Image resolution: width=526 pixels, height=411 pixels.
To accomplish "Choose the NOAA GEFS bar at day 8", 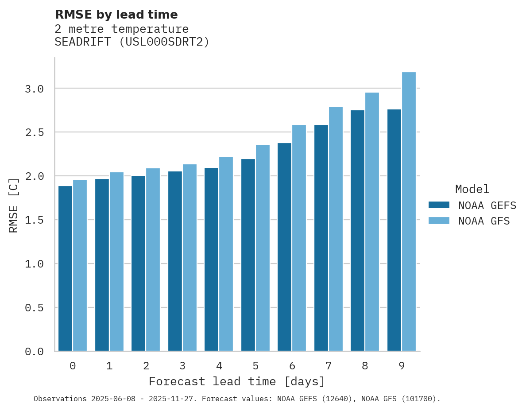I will [357, 231].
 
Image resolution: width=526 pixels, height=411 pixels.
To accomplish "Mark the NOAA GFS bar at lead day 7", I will [336, 229].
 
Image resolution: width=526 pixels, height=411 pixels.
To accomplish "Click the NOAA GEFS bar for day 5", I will [248, 255].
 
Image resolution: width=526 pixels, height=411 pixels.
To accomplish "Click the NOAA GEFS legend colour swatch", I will [439, 205].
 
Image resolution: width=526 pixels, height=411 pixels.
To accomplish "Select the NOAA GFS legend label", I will [484, 221].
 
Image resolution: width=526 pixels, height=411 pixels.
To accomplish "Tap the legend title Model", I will [472, 190].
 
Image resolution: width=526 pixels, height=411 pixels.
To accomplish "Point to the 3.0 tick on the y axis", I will [34, 89].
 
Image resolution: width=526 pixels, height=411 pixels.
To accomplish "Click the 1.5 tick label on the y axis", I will [34, 220].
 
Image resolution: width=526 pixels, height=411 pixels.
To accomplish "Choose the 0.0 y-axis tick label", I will [34, 352].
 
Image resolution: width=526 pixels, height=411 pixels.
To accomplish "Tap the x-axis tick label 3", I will [182, 366].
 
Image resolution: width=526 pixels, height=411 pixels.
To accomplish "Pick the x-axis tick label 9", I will [402, 366].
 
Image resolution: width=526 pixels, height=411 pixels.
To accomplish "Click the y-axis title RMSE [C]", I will [14, 205].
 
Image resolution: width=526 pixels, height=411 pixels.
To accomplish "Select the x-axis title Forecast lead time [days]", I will [237, 381].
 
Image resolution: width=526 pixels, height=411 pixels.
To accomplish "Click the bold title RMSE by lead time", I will [116, 15].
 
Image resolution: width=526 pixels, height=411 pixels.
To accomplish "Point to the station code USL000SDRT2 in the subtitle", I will [164, 42].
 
